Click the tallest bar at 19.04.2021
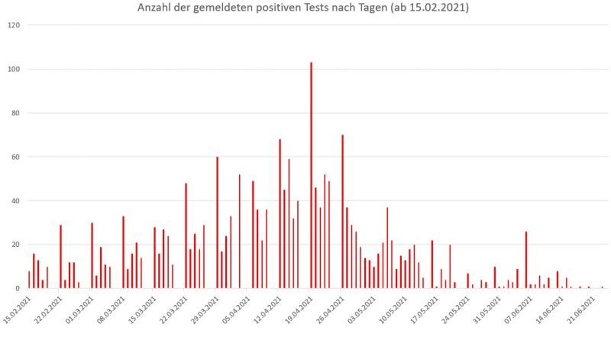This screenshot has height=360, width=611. pyautogui.click(x=311, y=176)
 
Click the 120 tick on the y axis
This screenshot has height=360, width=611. pyautogui.click(x=14, y=25)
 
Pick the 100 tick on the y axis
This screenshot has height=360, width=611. pyautogui.click(x=14, y=70)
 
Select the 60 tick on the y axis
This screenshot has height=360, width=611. pyautogui.click(x=16, y=157)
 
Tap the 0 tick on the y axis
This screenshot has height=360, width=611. pyautogui.click(x=18, y=289)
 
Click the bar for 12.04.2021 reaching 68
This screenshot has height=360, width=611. pyautogui.click(x=280, y=214)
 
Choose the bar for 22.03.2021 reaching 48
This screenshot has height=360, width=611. pyautogui.click(x=186, y=236)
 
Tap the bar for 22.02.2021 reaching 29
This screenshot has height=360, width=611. pyautogui.click(x=60, y=257)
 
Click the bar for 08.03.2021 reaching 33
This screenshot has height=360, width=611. pyautogui.click(x=123, y=252)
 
